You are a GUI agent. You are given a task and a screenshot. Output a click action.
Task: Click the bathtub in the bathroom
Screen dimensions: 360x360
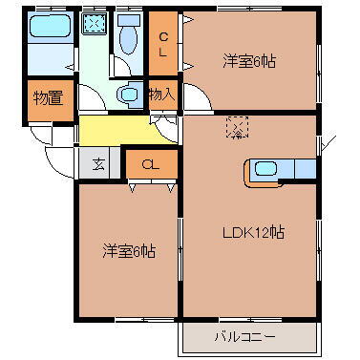(x=49, y=27)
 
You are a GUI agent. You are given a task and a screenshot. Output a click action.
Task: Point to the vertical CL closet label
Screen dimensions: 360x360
(x=164, y=44)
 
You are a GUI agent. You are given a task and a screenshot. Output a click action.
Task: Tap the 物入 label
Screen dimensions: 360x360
(x=161, y=94)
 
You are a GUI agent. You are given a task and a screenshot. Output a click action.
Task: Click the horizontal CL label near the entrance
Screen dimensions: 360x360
(x=151, y=164)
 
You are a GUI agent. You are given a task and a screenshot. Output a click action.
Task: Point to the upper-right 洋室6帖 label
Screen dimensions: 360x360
(x=249, y=61)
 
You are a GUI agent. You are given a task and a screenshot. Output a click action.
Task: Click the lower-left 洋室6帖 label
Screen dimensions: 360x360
(x=129, y=251)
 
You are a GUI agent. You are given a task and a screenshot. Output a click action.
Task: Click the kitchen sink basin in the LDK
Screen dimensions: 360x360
(x=265, y=170)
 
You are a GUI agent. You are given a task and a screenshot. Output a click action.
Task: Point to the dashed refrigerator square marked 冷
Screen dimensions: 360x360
(x=235, y=127)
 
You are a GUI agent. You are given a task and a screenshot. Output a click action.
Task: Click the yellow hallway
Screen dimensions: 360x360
(x=115, y=130)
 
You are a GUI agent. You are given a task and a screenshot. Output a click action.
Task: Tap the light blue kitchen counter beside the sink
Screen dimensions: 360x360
(x=304, y=170)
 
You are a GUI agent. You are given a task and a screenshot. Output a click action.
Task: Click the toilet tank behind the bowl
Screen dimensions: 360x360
(x=127, y=20)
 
